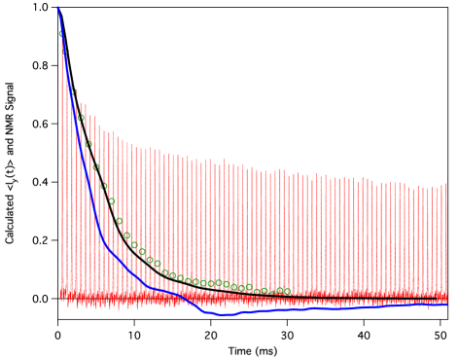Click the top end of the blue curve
pos(57,8)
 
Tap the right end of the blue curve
pos(447,304)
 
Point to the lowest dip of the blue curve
pos(225,314)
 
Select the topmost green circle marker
pos(61,34)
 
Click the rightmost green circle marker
pos(287,290)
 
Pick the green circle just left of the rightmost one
pos(279,290)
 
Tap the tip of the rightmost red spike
pos(445,183)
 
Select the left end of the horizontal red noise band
pos(60,293)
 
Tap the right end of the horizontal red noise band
pos(447,294)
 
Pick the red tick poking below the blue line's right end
pos(428,308)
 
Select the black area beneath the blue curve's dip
pos(225,336)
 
